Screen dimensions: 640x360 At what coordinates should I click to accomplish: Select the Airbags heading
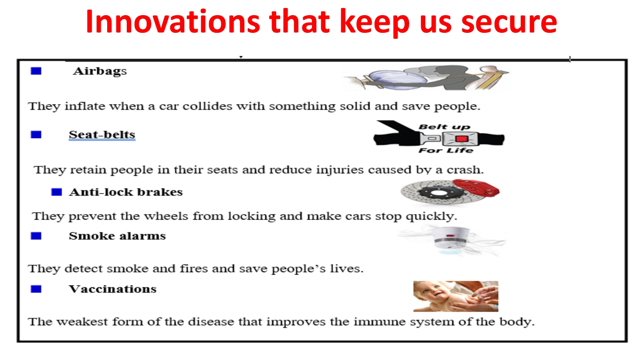point(100,71)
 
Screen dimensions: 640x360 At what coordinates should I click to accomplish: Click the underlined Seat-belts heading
point(102,134)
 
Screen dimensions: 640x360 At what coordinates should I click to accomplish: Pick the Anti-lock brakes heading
point(126,192)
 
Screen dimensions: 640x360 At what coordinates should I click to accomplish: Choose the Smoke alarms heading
point(117,236)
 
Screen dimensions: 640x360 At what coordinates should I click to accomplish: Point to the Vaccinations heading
point(112,289)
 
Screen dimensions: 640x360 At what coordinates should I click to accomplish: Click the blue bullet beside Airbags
point(36,71)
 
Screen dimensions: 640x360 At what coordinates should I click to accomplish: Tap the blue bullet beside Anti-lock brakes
point(56,192)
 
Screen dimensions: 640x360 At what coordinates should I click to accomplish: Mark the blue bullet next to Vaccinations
point(36,289)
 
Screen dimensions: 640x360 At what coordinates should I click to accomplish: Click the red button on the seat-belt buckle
point(462,139)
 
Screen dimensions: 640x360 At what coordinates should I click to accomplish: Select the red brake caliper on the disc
point(476,188)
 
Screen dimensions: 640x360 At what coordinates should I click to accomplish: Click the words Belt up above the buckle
point(444,127)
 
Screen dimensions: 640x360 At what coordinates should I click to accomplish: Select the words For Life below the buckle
point(446,150)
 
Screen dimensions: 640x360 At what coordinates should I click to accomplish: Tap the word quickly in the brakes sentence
point(432,217)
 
